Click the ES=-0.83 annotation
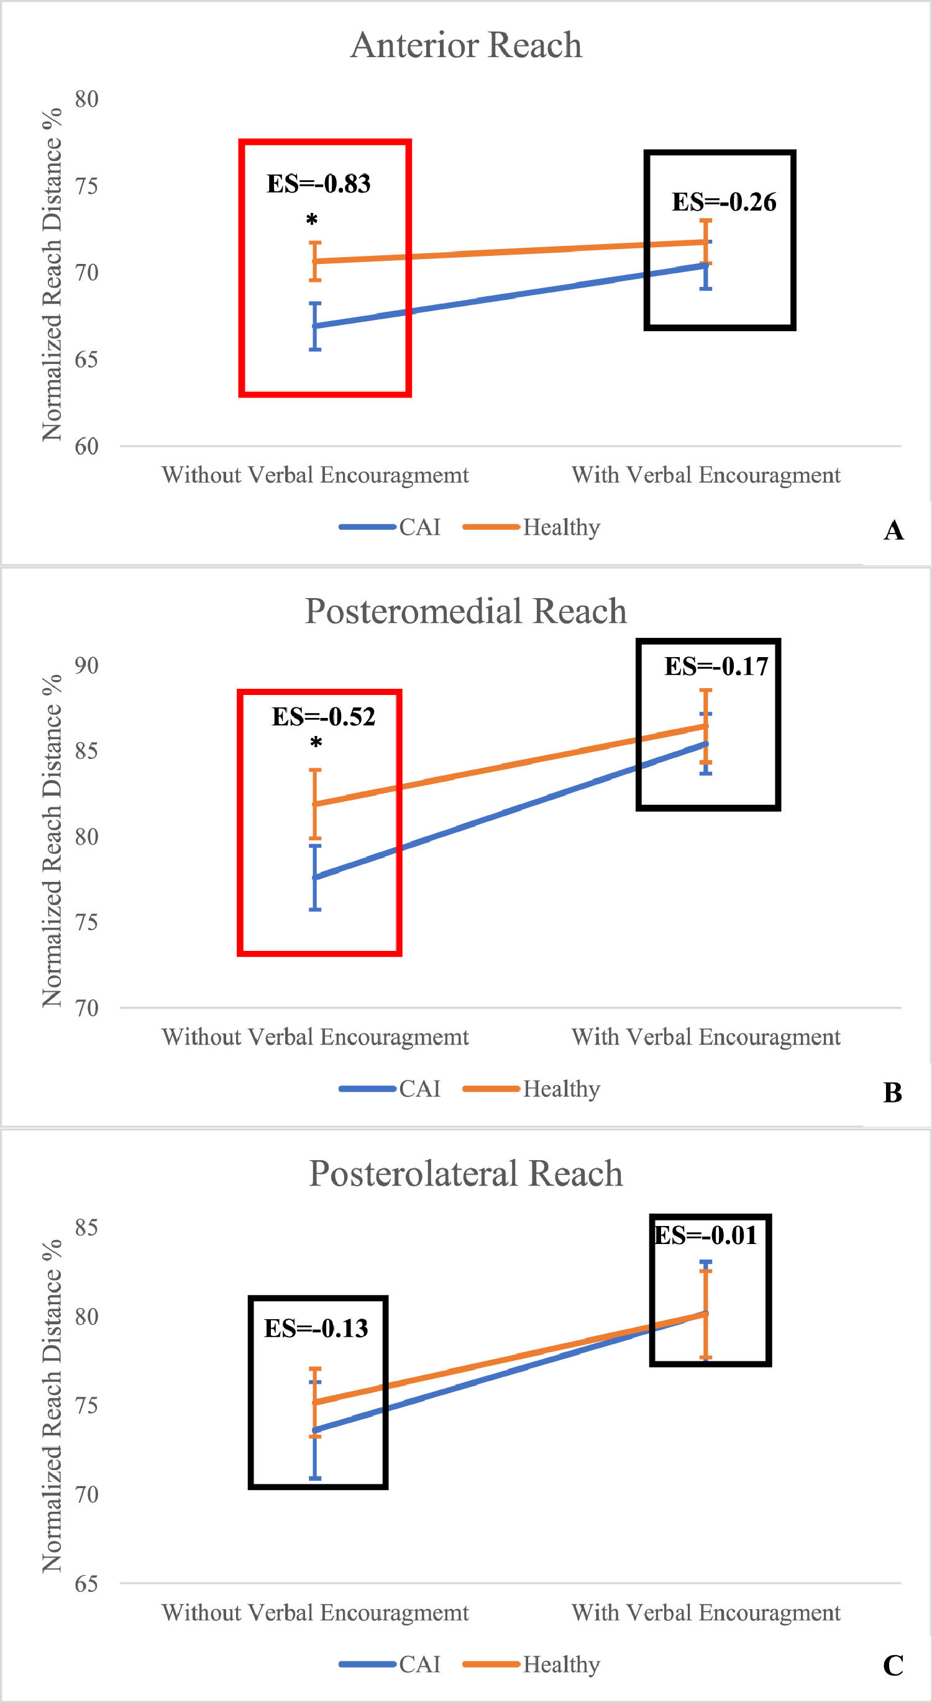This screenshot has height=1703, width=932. [318, 184]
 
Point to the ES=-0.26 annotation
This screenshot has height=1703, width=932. [724, 202]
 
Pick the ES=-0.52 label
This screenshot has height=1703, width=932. [324, 717]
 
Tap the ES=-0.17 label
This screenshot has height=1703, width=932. [716, 666]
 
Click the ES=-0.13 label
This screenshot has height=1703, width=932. [316, 1328]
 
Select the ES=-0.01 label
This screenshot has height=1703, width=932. [705, 1235]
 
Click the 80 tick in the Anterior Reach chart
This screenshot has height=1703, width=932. [86, 99]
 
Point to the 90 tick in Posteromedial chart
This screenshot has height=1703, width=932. [86, 665]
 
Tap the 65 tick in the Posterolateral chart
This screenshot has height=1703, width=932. [86, 1583]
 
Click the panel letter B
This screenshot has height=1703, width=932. [892, 1093]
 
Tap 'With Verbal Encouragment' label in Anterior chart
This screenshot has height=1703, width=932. [706, 475]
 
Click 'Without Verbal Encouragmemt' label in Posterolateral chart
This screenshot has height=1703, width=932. [315, 1612]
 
